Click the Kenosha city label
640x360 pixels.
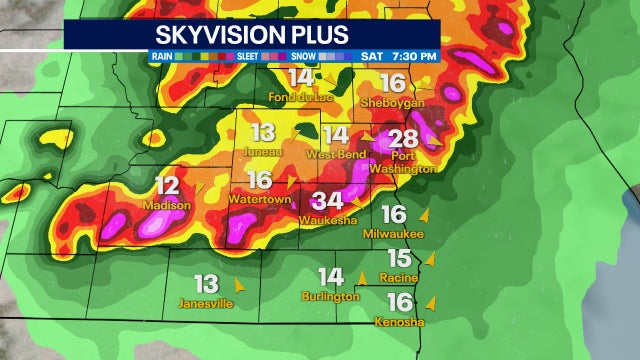tap(399, 322)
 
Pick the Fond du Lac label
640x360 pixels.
tap(300, 97)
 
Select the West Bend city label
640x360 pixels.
tap(335, 154)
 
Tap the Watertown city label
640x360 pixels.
tap(259, 199)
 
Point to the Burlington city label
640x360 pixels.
tap(330, 296)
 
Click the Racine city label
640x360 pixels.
tap(398, 276)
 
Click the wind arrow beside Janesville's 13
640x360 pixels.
tap(237, 284)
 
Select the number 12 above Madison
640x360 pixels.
tap(167, 185)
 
